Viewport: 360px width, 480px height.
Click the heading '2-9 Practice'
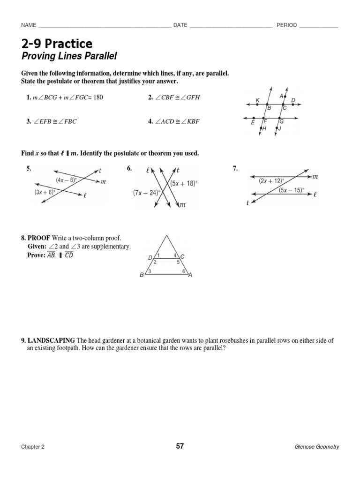point(57,44)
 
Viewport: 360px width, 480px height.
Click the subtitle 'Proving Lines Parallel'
point(68,57)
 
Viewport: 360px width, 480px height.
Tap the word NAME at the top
point(29,25)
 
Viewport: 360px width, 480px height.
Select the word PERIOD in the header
point(286,25)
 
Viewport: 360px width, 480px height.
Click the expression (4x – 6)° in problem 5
point(67,180)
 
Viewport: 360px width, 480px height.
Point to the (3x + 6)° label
point(45,192)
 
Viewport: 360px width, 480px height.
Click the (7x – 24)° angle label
point(147,192)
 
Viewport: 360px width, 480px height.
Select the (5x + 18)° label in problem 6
point(184,183)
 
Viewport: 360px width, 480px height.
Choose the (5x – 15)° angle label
point(291,190)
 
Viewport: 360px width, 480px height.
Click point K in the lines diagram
point(257,100)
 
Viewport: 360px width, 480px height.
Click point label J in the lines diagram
point(280,128)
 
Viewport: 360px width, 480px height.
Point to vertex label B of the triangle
point(142,276)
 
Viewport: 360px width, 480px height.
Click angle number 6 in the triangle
point(183,271)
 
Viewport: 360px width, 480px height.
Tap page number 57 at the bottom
point(180,446)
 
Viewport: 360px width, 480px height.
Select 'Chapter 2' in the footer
point(32,447)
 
